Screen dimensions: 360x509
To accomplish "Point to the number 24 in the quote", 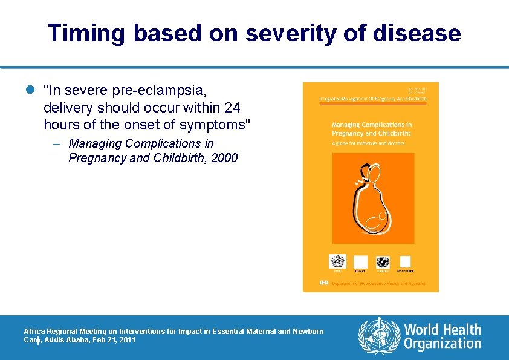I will (232, 108).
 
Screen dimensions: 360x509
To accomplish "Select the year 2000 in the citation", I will (224, 159).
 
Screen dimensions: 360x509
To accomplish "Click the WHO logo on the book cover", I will (337, 261).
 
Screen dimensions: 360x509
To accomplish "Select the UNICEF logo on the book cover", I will (382, 261).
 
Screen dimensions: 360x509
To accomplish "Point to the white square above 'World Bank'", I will (405, 261).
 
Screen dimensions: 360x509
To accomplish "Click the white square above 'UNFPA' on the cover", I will (360, 261).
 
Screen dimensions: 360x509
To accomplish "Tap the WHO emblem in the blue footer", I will (379, 336).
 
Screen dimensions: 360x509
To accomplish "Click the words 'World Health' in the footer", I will (443, 330).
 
